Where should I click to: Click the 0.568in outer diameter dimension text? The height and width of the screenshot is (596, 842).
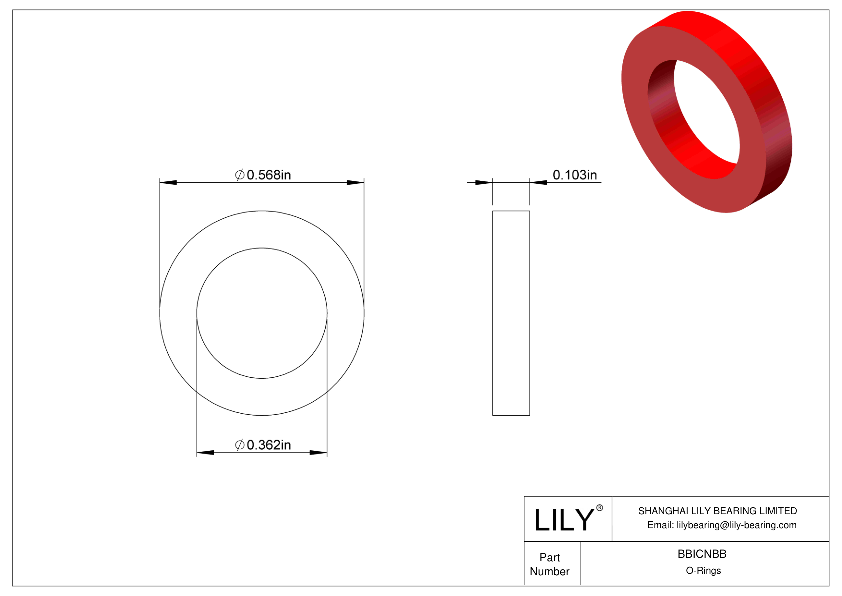click(268, 175)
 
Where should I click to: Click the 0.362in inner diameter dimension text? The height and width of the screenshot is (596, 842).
click(268, 445)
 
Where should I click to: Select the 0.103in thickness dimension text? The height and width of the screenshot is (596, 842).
click(574, 175)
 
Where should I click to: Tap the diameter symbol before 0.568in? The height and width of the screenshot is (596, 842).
click(240, 175)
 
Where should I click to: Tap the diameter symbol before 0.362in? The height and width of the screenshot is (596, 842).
click(240, 445)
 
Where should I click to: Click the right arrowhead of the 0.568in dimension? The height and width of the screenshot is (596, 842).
click(355, 182)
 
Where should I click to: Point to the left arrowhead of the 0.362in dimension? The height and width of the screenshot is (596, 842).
click(205, 453)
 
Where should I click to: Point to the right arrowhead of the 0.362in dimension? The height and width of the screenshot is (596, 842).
click(318, 453)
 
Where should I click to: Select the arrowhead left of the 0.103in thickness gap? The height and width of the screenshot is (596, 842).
click(483, 182)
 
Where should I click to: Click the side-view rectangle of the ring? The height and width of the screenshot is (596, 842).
click(511, 313)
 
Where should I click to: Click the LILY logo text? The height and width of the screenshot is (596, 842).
click(564, 520)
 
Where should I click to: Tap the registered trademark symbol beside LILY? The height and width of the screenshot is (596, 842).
click(600, 508)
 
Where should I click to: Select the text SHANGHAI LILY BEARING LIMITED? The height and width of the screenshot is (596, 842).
click(717, 511)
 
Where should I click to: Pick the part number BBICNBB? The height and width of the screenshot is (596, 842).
click(702, 554)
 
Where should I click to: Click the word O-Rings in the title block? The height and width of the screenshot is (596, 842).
click(703, 570)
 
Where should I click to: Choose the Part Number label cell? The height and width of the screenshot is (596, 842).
click(550, 564)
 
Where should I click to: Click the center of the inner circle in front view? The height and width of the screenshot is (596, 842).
click(262, 313)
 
